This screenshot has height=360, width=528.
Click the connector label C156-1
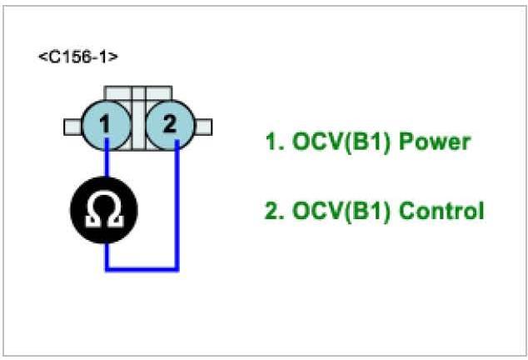pyautogui.click(x=77, y=57)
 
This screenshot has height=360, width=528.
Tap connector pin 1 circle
pyautogui.click(x=107, y=126)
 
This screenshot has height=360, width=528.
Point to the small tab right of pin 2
pyautogui.click(x=203, y=126)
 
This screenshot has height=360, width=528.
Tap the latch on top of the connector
pyautogui.click(x=137, y=92)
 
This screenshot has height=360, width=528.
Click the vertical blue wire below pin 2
pyautogui.click(x=177, y=208)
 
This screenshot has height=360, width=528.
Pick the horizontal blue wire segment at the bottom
pyautogui.click(x=142, y=268)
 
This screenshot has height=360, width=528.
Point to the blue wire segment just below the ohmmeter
pyautogui.click(x=107, y=253)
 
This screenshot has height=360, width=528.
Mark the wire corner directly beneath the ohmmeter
pyautogui.click(x=107, y=268)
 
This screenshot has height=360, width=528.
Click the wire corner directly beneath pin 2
pyautogui.click(x=177, y=268)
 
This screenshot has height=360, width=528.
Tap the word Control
pyautogui.click(x=441, y=211)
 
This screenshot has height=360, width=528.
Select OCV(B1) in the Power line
pyautogui.click(x=340, y=142)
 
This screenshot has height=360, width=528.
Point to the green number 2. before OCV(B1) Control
pyautogui.click(x=274, y=211)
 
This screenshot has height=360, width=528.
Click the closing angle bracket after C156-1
pyautogui.click(x=113, y=57)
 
